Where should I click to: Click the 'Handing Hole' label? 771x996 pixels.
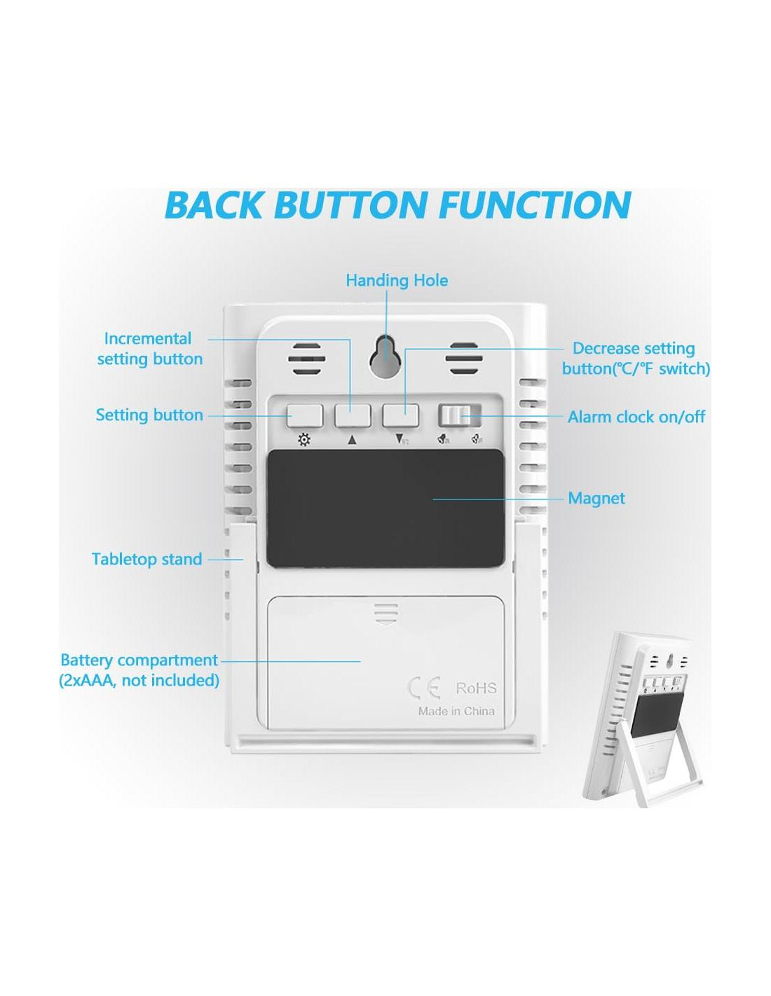(397, 281)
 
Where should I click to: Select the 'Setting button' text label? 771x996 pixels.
(149, 415)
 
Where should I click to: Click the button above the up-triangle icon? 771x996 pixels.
(352, 415)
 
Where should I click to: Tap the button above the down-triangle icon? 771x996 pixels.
(400, 415)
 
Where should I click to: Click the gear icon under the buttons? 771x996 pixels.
(304, 441)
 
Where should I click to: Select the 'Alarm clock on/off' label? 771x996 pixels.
(636, 417)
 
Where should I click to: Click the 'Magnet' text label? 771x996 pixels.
(596, 499)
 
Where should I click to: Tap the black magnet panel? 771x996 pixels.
(385, 508)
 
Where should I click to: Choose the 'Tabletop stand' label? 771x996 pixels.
(146, 560)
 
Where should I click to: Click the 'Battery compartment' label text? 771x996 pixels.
(139, 660)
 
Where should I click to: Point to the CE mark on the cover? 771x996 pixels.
(424, 689)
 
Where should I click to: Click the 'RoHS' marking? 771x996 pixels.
(476, 689)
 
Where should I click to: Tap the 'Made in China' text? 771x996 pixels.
(456, 712)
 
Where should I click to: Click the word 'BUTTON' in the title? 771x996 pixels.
(350, 205)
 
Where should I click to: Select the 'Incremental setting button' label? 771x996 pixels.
(149, 349)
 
